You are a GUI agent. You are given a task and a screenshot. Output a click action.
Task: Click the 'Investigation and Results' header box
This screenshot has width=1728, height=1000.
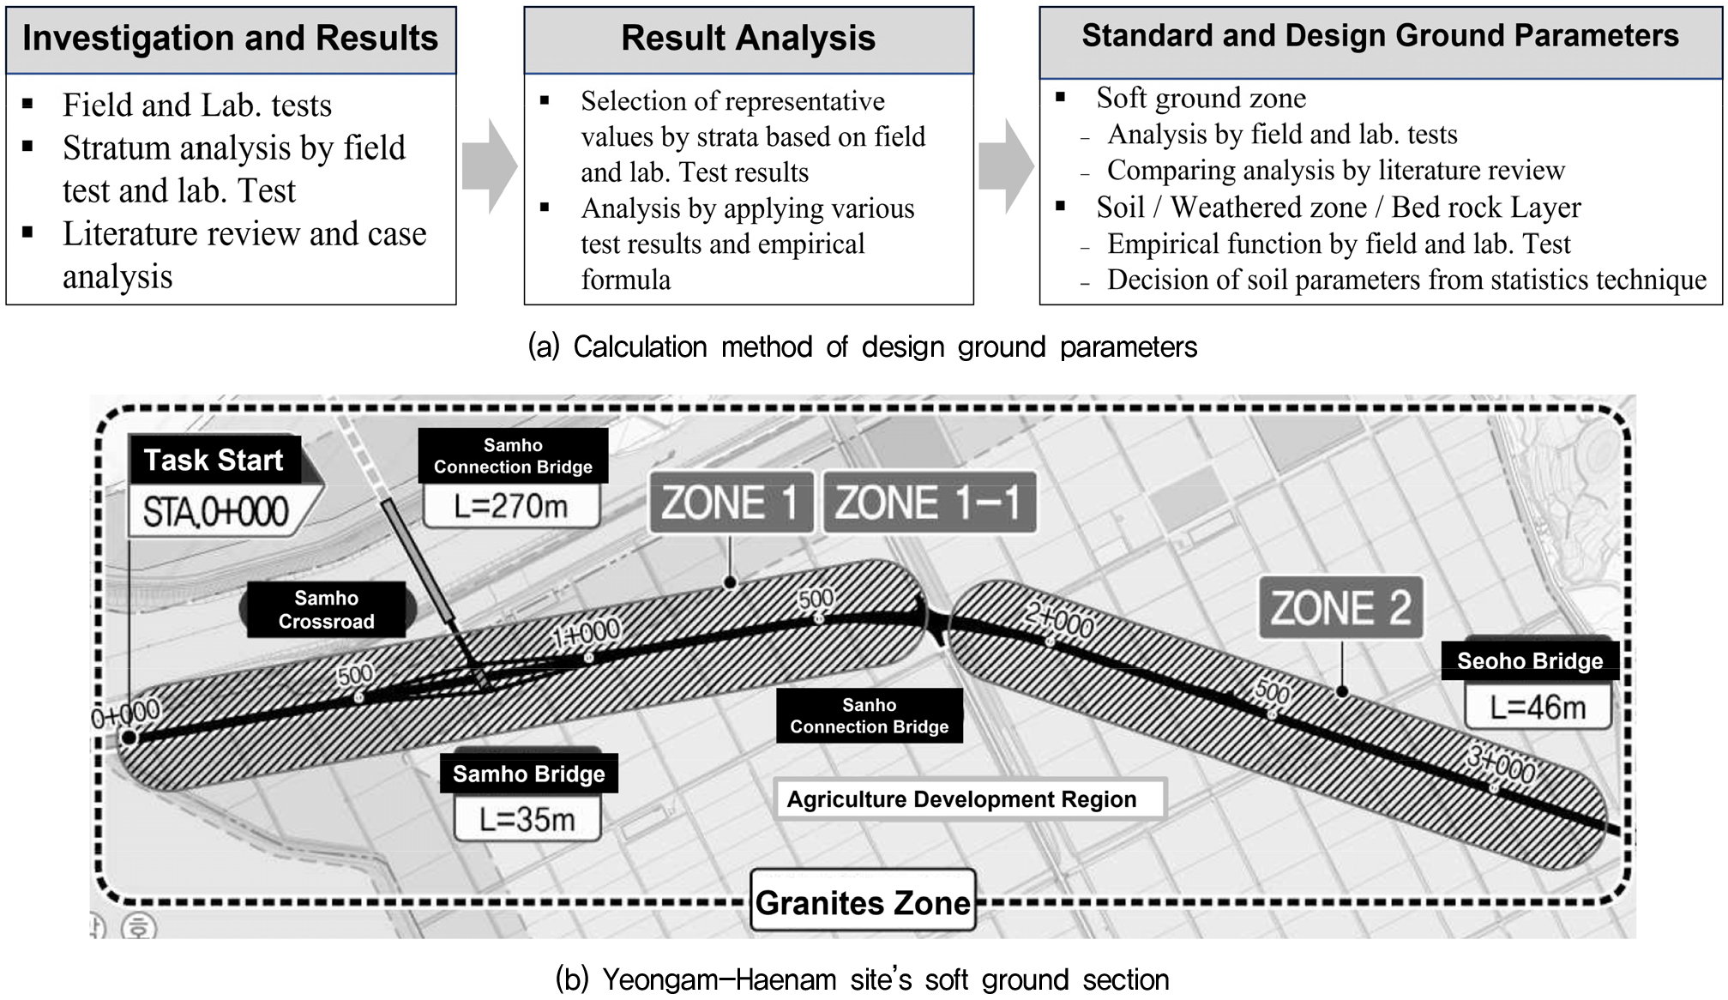point(231,39)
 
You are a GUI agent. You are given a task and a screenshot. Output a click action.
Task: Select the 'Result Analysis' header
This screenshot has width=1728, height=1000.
point(749,39)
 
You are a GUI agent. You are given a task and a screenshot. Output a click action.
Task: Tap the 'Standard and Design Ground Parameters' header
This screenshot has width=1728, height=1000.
point(1381,42)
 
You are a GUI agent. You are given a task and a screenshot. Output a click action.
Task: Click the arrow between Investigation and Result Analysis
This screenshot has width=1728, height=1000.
point(490,166)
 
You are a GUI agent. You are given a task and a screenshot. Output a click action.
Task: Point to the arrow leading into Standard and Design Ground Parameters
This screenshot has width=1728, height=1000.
point(1006,166)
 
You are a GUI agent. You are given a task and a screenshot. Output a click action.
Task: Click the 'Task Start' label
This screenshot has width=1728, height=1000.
point(214,460)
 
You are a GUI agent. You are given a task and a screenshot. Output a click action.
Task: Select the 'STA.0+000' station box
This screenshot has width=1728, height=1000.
point(215,512)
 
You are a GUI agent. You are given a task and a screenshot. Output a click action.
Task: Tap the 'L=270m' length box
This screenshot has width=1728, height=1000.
point(511,506)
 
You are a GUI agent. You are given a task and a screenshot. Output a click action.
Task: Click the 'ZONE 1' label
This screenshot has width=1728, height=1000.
point(731,503)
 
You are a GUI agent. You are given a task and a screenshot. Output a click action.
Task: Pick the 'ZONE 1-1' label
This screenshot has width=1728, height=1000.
point(930,503)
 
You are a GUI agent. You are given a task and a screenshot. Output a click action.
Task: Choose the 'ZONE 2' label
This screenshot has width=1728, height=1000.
point(1340,607)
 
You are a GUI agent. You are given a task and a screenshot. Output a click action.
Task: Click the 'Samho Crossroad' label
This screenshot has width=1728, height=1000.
point(327,610)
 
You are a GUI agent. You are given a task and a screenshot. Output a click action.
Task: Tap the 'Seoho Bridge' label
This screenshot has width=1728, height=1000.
point(1530,660)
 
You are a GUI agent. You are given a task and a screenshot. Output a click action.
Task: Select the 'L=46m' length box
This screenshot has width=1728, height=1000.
point(1538,707)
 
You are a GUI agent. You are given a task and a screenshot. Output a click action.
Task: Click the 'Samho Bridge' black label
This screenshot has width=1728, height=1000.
point(529,774)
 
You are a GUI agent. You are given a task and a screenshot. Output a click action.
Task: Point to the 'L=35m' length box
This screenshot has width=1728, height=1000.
point(527,819)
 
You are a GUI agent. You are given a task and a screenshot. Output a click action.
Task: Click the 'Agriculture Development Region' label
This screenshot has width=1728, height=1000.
point(970,799)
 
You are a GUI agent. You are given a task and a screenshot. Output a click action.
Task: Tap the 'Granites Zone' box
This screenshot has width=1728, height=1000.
point(863,902)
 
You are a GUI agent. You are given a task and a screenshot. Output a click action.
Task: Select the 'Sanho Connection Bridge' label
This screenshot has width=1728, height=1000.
point(870,715)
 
